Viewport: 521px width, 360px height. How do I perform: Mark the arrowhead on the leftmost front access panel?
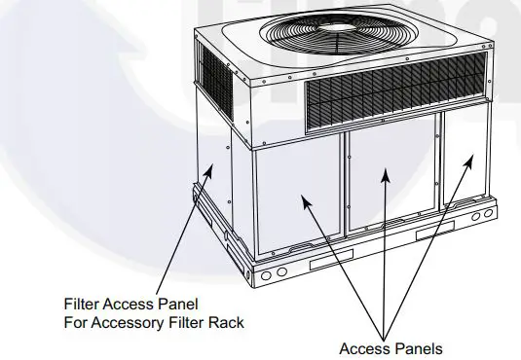coord(304,198)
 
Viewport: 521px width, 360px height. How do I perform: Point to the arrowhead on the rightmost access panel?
coord(473,159)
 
